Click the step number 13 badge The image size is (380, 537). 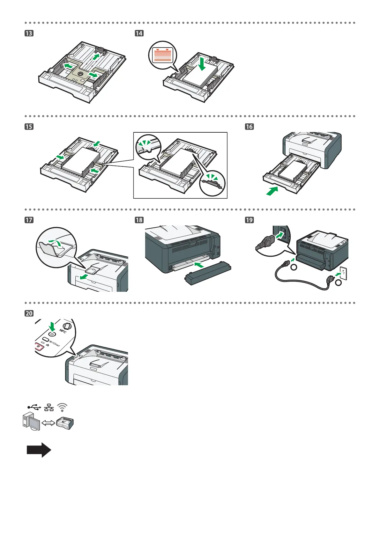29,33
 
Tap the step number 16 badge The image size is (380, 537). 249,127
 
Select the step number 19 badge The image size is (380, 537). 249,220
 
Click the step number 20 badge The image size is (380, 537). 29,313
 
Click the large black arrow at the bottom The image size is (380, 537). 39,450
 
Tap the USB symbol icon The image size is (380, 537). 34,407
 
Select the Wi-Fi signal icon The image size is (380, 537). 63,407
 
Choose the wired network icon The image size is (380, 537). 49,407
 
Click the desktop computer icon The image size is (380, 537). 31,423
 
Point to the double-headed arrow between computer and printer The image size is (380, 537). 48,423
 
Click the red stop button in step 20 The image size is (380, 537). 39,347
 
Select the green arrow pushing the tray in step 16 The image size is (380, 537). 272,191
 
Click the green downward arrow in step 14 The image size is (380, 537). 202,63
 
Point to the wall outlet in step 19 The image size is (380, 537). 343,274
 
